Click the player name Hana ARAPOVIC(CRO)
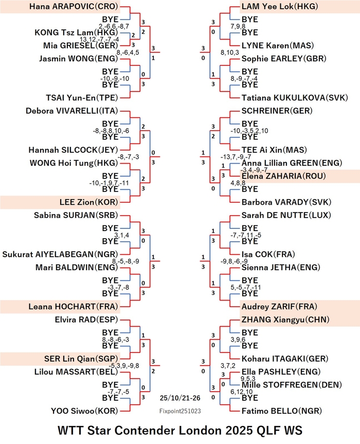click(74, 7)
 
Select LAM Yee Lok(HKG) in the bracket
click(280, 7)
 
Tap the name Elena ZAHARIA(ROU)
click(283, 176)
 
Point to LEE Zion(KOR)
click(88, 202)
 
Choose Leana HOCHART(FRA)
click(74, 307)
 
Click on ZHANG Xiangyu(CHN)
click(285, 319)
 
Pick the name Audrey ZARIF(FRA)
click(279, 307)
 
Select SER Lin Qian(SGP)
click(81, 359)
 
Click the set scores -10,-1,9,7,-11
click(109, 183)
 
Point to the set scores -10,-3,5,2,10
click(249, 131)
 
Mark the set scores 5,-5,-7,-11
click(246, 288)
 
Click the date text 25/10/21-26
click(180, 398)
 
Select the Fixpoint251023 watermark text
click(180, 411)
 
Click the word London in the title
click(201, 431)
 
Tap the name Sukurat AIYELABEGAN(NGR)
click(60, 254)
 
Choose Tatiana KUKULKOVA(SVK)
click(295, 98)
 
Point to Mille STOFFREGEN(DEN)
click(292, 385)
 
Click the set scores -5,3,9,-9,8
click(123, 366)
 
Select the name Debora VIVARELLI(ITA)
click(72, 111)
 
